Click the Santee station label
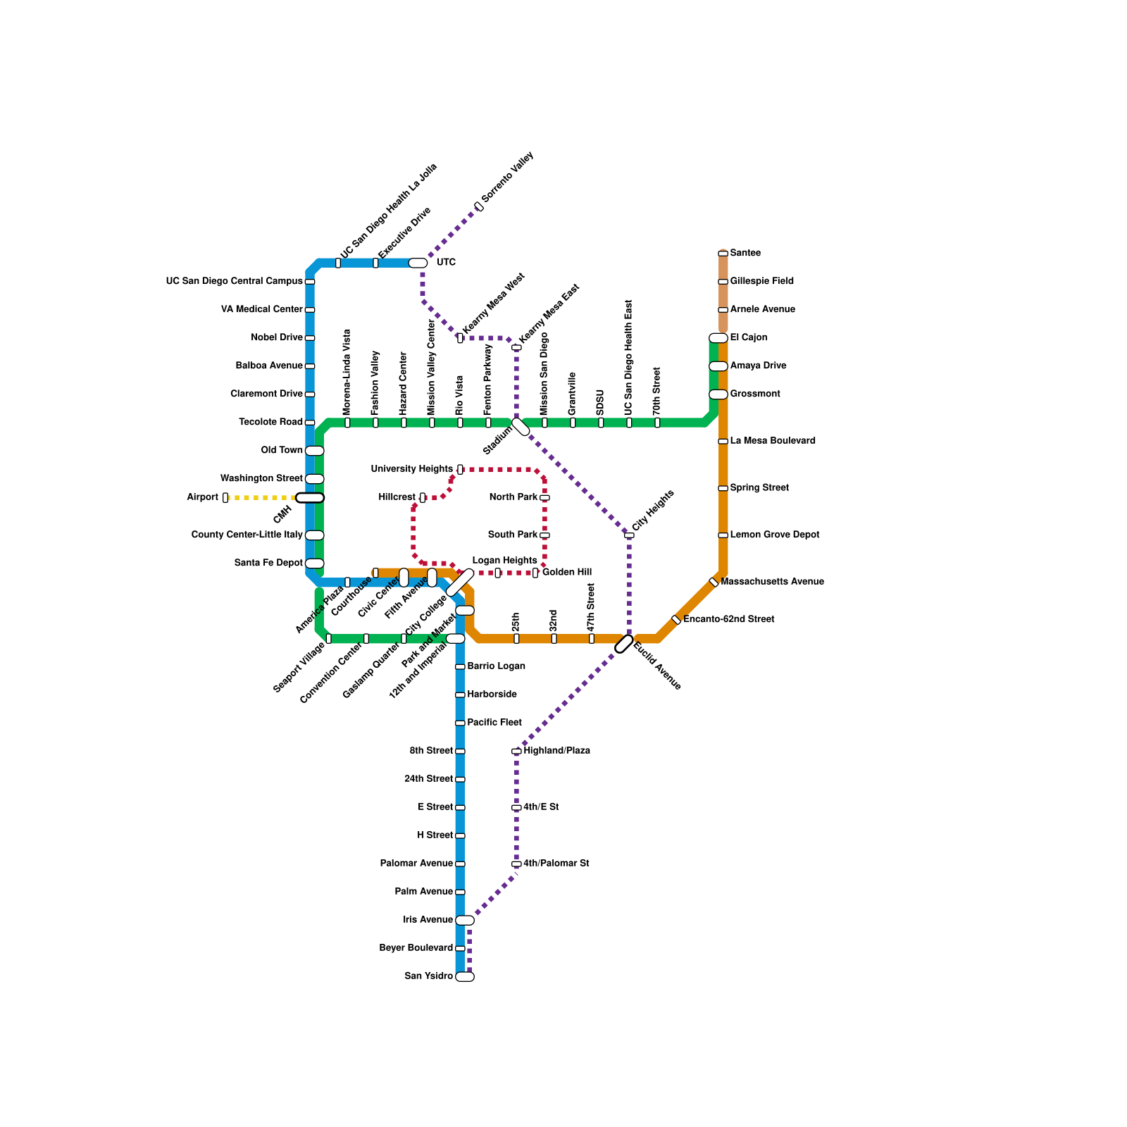coord(745,253)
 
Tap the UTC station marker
coord(418,263)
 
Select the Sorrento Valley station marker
coord(478,206)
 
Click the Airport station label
coord(202,497)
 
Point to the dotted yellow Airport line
coord(261,497)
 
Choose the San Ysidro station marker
coord(465,976)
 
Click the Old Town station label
coord(282,450)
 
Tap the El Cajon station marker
coord(718,338)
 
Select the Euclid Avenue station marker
coord(624,644)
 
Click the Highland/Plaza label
coord(556,751)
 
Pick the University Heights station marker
coord(460,469)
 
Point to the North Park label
coord(513,497)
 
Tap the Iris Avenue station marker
coord(465,920)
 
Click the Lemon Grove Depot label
coord(775,535)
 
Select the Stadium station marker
coord(521,427)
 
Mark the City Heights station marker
coord(629,535)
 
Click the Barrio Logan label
coord(496,666)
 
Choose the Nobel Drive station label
coord(277,337)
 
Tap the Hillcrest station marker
coord(422,497)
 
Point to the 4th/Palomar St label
coord(556,864)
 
